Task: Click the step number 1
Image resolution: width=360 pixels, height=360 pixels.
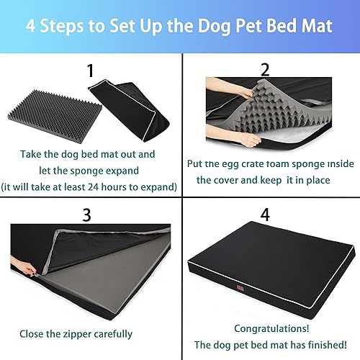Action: pyautogui.click(x=90, y=71)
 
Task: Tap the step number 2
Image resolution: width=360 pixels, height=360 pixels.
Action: pyautogui.click(x=264, y=69)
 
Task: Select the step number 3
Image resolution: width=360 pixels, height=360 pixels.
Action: pyautogui.click(x=87, y=215)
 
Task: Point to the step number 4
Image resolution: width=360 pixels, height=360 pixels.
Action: pyautogui.click(x=264, y=215)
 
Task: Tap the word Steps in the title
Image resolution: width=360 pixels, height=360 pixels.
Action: pyautogui.click(x=73, y=27)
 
